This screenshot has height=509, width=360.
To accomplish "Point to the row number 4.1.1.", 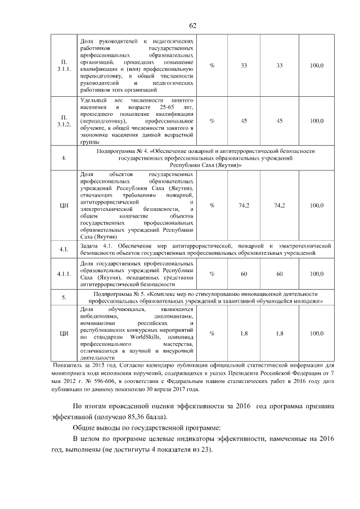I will pyautogui.click(x=64, y=274).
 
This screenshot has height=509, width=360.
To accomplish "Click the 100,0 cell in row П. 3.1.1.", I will pyautogui.click(x=317, y=66).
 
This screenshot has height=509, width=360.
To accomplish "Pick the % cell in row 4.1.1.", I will pyautogui.click(x=212, y=274).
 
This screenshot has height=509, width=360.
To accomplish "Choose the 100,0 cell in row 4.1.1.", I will pyautogui.click(x=317, y=274).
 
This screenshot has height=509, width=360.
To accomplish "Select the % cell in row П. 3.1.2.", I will pyautogui.click(x=212, y=121).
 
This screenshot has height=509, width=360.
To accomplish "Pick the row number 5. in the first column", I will pyautogui.click(x=64, y=298).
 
